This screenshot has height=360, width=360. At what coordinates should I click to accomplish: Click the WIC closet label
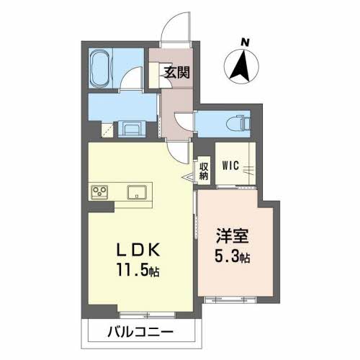tap(230, 166)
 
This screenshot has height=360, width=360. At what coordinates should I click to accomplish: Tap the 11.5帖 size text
tap(140, 271)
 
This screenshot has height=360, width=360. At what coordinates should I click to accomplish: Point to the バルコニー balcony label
tap(141, 332)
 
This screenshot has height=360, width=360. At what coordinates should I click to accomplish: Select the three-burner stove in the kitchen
tap(99, 192)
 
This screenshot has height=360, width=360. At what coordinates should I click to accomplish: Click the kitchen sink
tap(138, 192)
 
